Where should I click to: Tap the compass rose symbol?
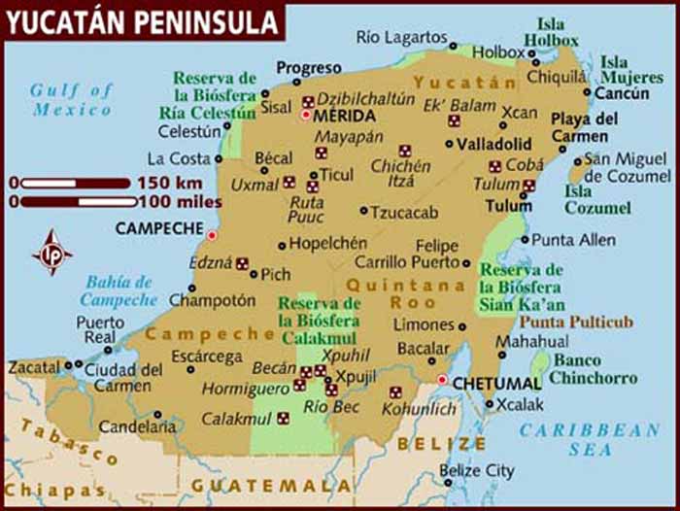pos(51,252)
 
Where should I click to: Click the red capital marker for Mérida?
pos(306,116)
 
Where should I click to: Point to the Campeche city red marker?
pos(212,234)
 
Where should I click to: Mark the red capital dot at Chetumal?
pos(442,380)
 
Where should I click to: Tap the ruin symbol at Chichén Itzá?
pos(405,151)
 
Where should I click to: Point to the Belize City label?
pos(476,471)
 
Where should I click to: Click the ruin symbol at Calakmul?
pos(283,419)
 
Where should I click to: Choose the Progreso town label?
pos(309,68)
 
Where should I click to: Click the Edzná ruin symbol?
pos(242,262)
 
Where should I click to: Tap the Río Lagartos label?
pos(400,37)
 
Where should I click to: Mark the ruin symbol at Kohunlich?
pos(395,392)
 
